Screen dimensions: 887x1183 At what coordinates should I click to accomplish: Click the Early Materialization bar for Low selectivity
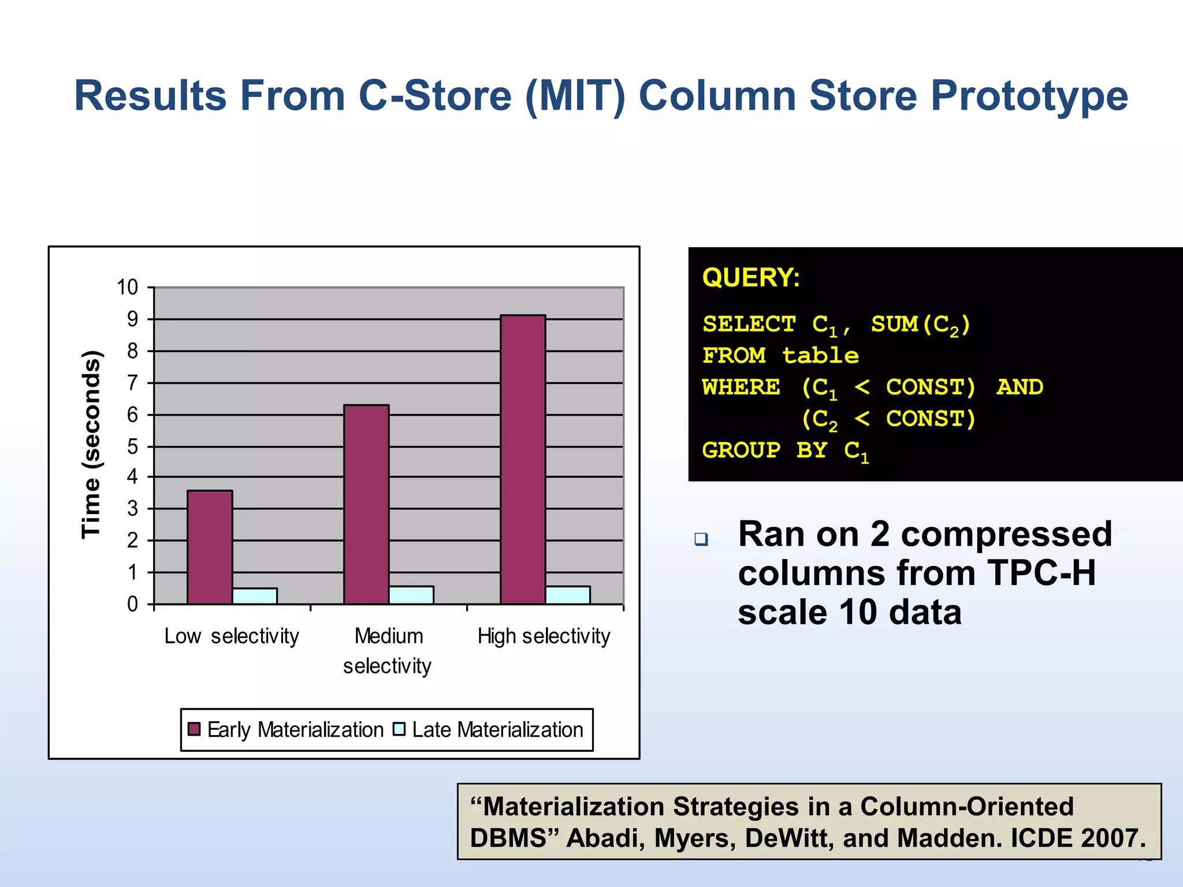pos(210,547)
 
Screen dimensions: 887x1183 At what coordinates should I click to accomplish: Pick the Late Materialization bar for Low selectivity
pos(255,596)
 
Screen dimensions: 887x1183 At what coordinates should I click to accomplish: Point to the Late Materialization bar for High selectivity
pos(568,595)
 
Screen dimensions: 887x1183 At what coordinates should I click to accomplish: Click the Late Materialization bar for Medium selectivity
pos(411,595)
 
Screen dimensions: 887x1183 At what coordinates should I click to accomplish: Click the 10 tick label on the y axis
pos(128,287)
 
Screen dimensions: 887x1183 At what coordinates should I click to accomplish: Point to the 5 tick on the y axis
pos(133,446)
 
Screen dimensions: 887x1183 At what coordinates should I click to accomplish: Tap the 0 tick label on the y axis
pos(133,604)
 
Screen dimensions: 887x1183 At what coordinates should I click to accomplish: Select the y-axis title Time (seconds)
pos(91,445)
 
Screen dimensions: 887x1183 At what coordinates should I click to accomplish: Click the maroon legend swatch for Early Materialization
pos(194,729)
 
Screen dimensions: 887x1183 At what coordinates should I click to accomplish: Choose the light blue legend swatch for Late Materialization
pos(399,729)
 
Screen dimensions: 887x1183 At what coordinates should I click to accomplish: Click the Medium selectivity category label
pos(388,651)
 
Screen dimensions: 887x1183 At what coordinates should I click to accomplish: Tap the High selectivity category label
pos(544,636)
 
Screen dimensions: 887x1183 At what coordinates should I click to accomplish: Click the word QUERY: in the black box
pos(751,278)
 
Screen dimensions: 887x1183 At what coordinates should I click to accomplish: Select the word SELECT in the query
pos(749,324)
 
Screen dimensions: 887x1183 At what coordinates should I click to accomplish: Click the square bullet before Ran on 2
pos(701,539)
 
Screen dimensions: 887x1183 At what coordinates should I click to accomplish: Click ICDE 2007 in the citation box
pos(1077,838)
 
